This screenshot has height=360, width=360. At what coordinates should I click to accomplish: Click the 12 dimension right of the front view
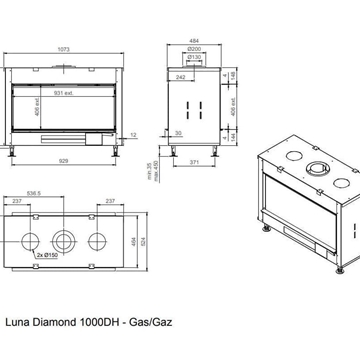(133, 129)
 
